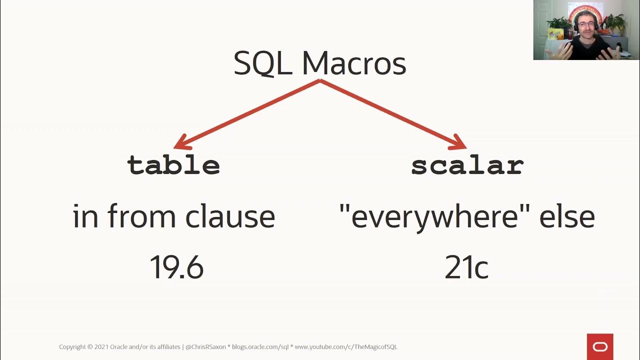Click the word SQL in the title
(262, 63)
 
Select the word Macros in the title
(354, 63)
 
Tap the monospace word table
(173, 165)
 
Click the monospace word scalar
(467, 165)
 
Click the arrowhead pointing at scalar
(458, 143)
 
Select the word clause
(230, 216)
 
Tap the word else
(567, 216)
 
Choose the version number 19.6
(176, 267)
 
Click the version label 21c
(466, 267)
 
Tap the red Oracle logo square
(599, 346)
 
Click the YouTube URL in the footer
(345, 346)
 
